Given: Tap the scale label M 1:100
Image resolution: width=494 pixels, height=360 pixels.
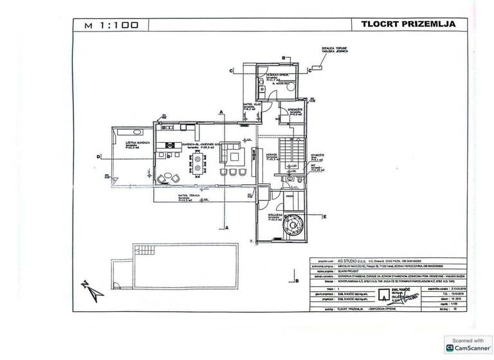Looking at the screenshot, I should tap(105, 26).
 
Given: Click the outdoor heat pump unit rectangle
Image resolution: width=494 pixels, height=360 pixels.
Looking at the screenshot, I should tap(316, 67).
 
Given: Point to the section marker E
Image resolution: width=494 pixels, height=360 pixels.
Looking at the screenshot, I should tap(325, 217).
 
